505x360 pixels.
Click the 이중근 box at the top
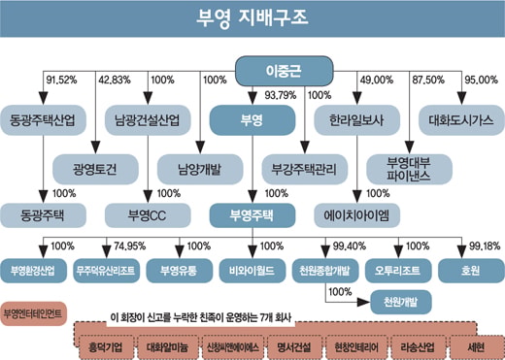[284, 71]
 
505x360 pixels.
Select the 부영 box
[252, 120]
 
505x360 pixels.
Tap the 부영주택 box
[252, 215]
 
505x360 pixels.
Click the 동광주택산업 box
[43, 120]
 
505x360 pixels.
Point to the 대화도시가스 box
[461, 120]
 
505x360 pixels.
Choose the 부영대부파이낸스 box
[409, 169]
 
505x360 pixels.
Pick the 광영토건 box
[95, 169]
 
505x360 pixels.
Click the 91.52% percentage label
[61, 80]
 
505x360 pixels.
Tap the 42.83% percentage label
[115, 80]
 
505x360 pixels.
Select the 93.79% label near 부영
[281, 95]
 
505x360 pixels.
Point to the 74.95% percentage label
[129, 246]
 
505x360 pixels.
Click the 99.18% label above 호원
[485, 246]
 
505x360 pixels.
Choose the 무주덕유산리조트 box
[106, 271]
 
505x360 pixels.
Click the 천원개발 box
[401, 302]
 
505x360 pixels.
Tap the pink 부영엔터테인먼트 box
[33, 313]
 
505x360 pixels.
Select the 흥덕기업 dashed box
[106, 347]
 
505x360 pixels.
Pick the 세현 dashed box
[476, 347]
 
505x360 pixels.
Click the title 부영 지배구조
[252, 17]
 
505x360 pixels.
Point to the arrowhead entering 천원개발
[363, 303]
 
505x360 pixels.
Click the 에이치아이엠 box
[356, 215]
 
